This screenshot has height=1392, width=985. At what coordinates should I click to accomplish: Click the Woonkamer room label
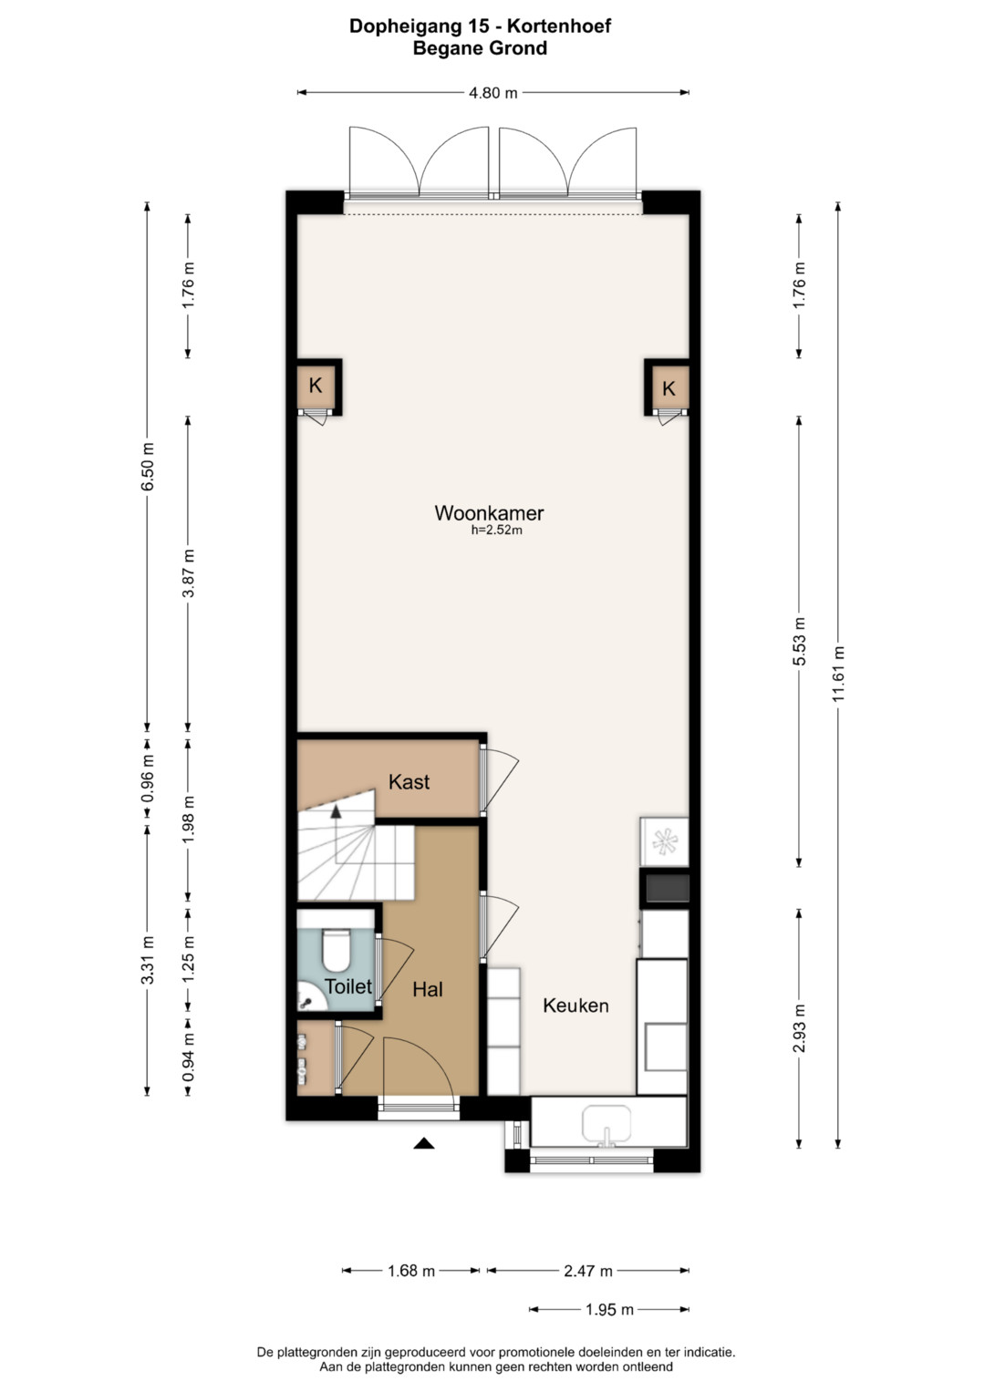[489, 513]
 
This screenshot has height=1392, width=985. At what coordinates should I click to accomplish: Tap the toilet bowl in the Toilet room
[337, 950]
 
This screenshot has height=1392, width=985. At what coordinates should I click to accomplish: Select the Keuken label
[575, 1005]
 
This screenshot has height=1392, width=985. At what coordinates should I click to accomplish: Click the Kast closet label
[409, 782]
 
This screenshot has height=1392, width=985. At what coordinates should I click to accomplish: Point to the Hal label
[427, 990]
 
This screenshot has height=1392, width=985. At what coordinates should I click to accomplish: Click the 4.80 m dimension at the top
[493, 93]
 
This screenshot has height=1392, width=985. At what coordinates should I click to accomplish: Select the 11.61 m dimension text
[839, 674]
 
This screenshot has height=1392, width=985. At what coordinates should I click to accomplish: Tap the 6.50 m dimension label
[148, 466]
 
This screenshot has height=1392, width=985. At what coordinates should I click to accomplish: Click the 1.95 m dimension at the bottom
[609, 1310]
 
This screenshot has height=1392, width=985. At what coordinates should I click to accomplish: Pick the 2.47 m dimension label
[588, 1271]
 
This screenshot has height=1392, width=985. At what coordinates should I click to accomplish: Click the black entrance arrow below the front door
[423, 1142]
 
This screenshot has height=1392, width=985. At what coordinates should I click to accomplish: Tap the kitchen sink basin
[607, 1124]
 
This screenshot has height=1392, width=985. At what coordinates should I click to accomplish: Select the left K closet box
[316, 387]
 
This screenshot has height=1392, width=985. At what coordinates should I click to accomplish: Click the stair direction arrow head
[337, 810]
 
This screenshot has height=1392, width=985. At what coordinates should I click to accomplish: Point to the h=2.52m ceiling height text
[496, 530]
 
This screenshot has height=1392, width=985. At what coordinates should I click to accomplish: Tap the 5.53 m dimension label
[800, 642]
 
